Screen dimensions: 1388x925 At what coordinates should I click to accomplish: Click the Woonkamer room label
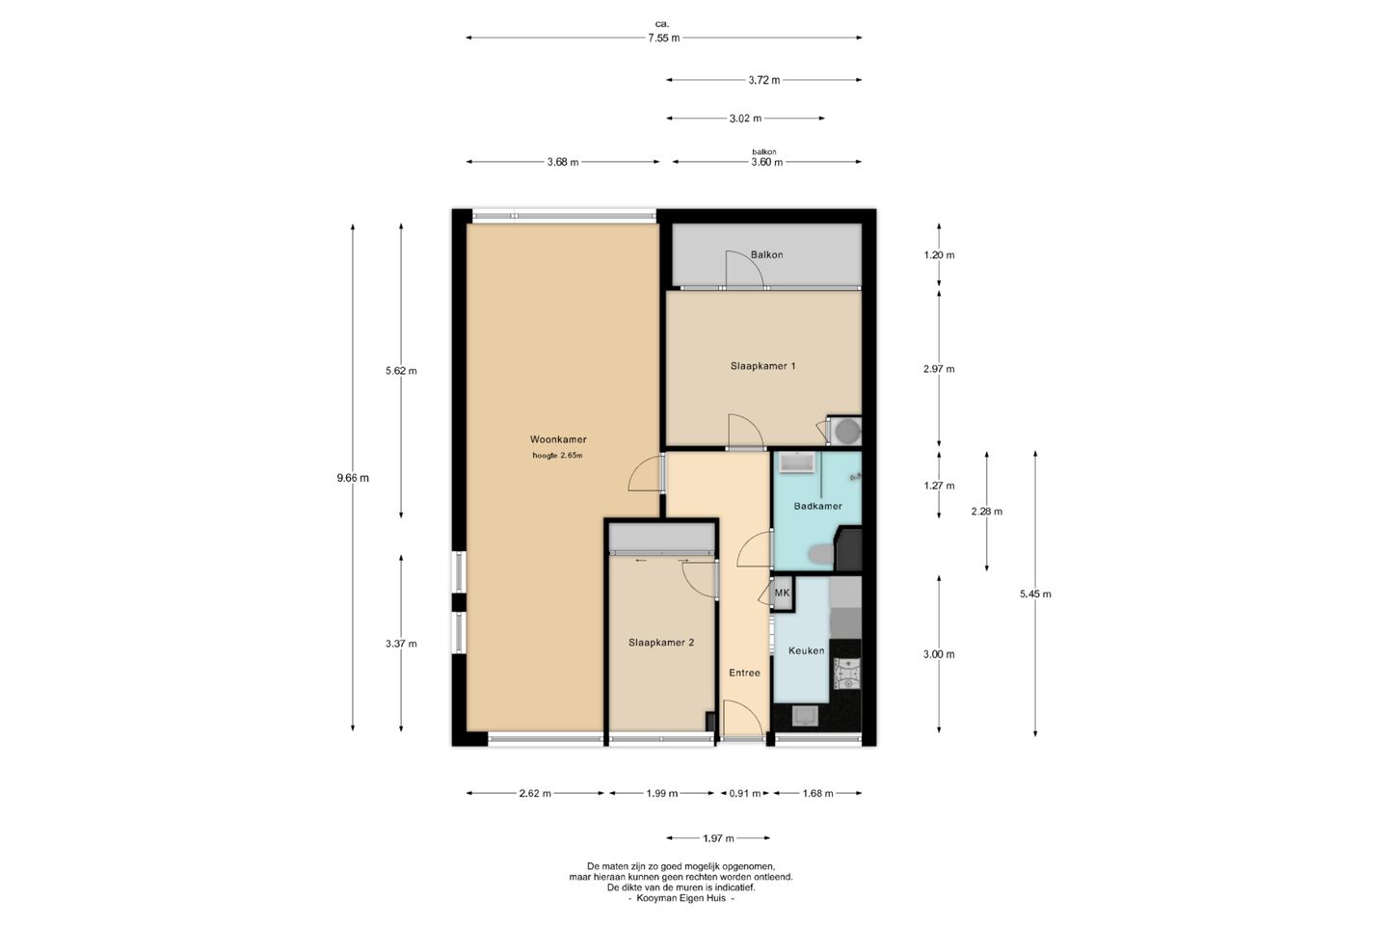(558, 439)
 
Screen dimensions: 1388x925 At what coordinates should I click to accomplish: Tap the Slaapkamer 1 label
(762, 366)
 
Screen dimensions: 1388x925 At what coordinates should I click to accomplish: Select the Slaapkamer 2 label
(661, 643)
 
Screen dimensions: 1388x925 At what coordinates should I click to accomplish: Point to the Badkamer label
(818, 506)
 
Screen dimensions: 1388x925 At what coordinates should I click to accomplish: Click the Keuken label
(806, 650)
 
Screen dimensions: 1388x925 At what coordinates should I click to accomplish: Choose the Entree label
(744, 673)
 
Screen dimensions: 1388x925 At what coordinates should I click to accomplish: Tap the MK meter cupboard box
(782, 594)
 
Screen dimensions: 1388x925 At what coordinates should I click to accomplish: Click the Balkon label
(766, 254)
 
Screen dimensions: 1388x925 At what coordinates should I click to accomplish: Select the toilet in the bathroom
(821, 554)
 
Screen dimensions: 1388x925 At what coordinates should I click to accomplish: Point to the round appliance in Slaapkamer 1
(846, 432)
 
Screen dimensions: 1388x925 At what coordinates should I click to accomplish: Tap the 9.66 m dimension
(353, 478)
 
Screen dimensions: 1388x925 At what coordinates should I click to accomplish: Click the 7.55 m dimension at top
(663, 38)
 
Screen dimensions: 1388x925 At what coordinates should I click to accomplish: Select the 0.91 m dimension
(744, 793)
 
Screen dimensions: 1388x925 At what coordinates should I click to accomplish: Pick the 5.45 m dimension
(1035, 595)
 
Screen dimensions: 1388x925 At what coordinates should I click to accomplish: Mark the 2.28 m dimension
(986, 511)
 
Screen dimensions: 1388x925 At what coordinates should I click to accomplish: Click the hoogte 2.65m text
(557, 456)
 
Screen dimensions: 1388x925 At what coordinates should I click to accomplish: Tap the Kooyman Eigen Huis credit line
(681, 898)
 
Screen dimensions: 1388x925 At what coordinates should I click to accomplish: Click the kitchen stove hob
(846, 674)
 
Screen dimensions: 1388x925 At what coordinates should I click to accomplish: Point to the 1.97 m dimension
(718, 838)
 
